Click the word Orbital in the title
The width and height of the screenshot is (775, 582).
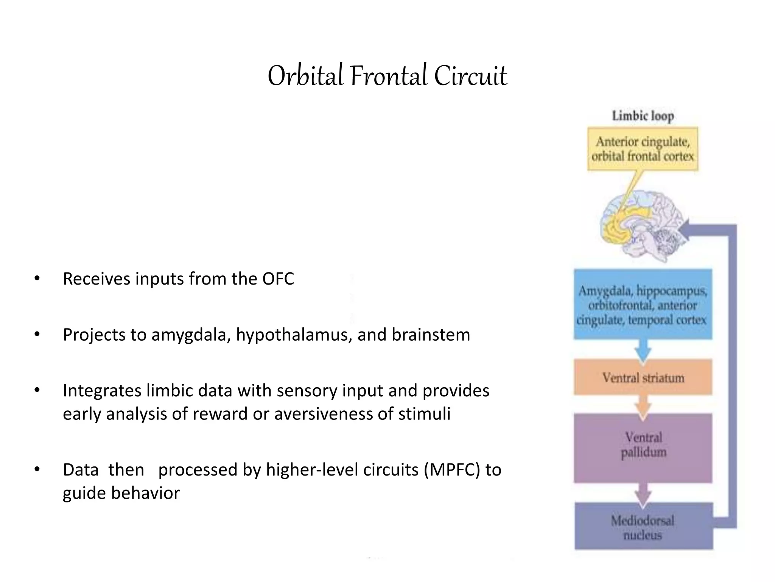coord(305,76)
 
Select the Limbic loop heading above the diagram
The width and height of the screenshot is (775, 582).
coord(643,116)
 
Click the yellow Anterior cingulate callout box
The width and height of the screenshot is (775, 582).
coord(643,149)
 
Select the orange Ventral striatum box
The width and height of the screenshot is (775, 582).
coord(643,377)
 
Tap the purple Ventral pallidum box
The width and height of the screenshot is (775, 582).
coord(643,448)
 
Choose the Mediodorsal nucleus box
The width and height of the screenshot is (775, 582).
coord(643,527)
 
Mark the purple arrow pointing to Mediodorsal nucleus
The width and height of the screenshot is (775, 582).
coord(643,494)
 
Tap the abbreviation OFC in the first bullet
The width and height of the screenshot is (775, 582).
coord(278,279)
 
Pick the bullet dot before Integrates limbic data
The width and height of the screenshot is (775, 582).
coord(37,390)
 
